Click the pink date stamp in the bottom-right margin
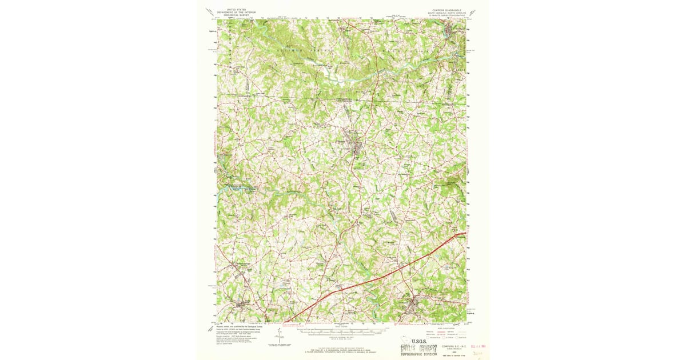pos(477,346)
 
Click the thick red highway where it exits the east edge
pos(465,233)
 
